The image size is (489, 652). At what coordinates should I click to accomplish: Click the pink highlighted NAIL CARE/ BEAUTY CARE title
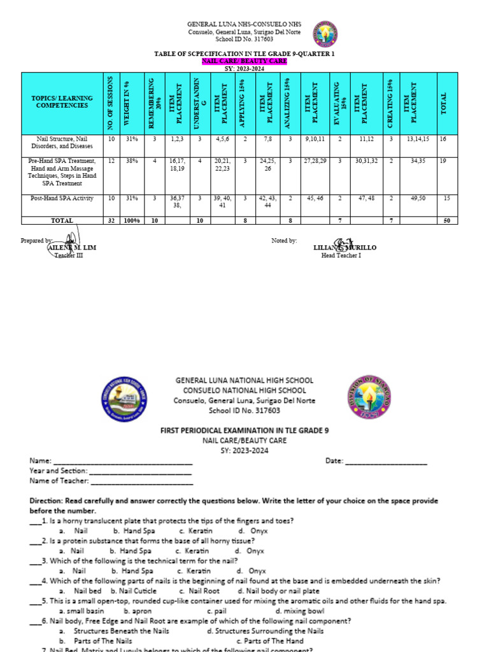244,61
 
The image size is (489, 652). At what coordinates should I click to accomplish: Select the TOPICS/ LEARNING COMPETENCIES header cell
62,102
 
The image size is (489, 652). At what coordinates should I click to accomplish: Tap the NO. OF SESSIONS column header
111,102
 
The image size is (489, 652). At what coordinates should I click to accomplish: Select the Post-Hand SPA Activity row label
62,198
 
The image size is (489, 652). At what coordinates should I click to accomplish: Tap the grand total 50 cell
446,220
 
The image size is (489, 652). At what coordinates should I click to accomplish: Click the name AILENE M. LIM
71,248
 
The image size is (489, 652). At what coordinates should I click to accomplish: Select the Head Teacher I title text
341,255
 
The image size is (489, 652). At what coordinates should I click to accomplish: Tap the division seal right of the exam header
369,399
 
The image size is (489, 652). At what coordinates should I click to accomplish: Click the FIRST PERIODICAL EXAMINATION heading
244,431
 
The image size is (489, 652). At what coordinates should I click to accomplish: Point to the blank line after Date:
386,461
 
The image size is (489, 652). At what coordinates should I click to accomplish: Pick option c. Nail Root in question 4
200,591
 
